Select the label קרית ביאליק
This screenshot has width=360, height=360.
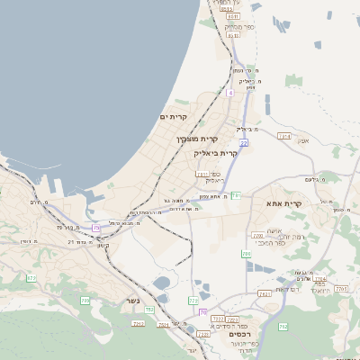point(216,153)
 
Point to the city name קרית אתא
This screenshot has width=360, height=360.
point(310,205)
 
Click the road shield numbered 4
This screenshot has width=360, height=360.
point(230,93)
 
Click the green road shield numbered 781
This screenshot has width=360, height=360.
point(236,195)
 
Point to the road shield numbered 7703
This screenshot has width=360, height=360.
point(341,289)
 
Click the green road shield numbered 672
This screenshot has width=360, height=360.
point(31,279)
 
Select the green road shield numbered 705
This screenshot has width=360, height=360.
point(85,300)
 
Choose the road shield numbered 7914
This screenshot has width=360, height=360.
point(284,136)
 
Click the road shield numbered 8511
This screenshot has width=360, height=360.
point(234,16)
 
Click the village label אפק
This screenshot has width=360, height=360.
point(303,139)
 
